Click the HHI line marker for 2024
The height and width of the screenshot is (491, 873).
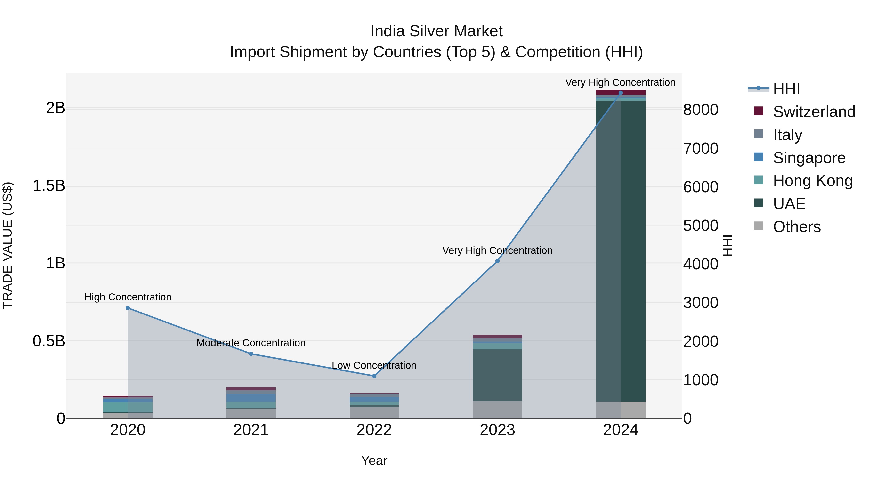point(621,93)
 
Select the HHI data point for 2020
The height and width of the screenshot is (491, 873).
point(128,308)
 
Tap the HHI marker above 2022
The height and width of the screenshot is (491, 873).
point(374,376)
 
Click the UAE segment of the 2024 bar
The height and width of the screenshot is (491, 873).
point(621,251)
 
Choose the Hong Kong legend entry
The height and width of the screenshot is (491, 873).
point(813,181)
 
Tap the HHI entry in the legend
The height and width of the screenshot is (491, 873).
point(786,89)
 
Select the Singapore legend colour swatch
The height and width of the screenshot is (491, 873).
point(759,157)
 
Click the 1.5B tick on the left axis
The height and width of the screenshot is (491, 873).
point(49,186)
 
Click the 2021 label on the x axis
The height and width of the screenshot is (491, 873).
point(251,430)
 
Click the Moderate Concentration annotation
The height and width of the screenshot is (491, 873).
point(251,343)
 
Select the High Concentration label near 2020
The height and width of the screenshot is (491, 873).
point(128,297)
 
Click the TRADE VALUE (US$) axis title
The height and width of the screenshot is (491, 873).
point(8,245)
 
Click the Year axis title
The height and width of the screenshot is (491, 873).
point(374,460)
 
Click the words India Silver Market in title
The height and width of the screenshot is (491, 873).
point(436,31)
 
